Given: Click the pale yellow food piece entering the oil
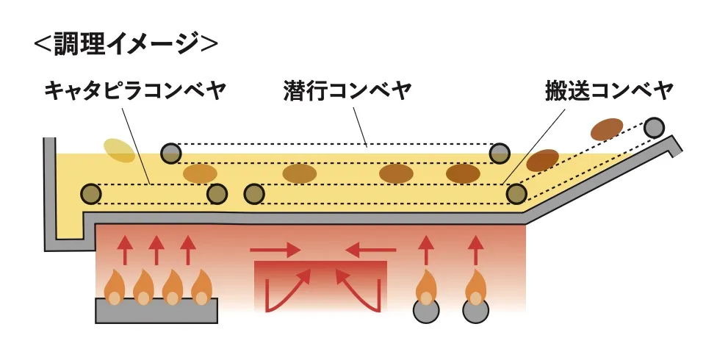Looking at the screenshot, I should (119, 150).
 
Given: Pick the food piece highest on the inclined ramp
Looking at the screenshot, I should (607, 129).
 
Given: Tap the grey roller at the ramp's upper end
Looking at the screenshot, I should (653, 128).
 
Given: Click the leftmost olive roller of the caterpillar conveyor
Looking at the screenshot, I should (90, 194).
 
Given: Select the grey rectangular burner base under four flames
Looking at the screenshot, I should (156, 312).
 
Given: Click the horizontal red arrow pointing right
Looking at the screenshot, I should (275, 251).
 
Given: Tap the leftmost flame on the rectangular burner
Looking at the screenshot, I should (115, 288).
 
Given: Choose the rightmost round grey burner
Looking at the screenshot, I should (476, 311).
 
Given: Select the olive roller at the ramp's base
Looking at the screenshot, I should (516, 194).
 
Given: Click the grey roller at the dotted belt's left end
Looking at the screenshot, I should (171, 153).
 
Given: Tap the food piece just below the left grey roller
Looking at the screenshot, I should (200, 173).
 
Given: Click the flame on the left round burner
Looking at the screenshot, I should (425, 289).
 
